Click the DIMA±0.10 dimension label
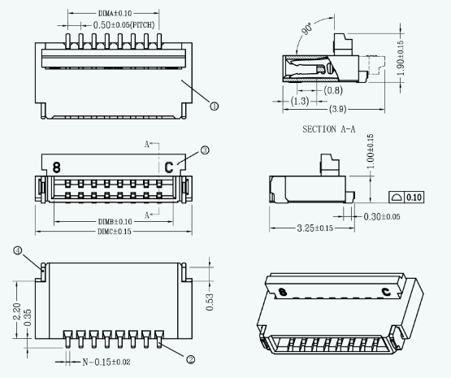click(x=115, y=14)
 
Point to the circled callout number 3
click(x=205, y=150)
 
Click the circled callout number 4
click(x=17, y=250)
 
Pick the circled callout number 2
click(x=191, y=358)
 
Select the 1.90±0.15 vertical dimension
click(x=400, y=59)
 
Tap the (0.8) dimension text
click(x=333, y=91)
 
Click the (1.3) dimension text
click(x=299, y=101)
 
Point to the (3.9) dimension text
click(x=338, y=109)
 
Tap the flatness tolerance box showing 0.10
click(x=406, y=197)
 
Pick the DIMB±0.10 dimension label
click(x=115, y=221)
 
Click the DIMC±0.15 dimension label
click(x=115, y=232)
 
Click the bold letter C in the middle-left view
click(x=169, y=167)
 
